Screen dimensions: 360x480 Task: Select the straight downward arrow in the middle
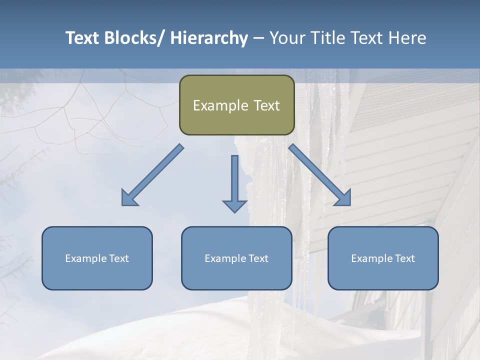click(x=234, y=182)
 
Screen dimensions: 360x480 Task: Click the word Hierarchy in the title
click(x=209, y=38)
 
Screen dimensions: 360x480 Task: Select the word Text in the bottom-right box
click(x=404, y=258)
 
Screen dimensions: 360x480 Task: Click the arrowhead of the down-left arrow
click(x=129, y=198)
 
